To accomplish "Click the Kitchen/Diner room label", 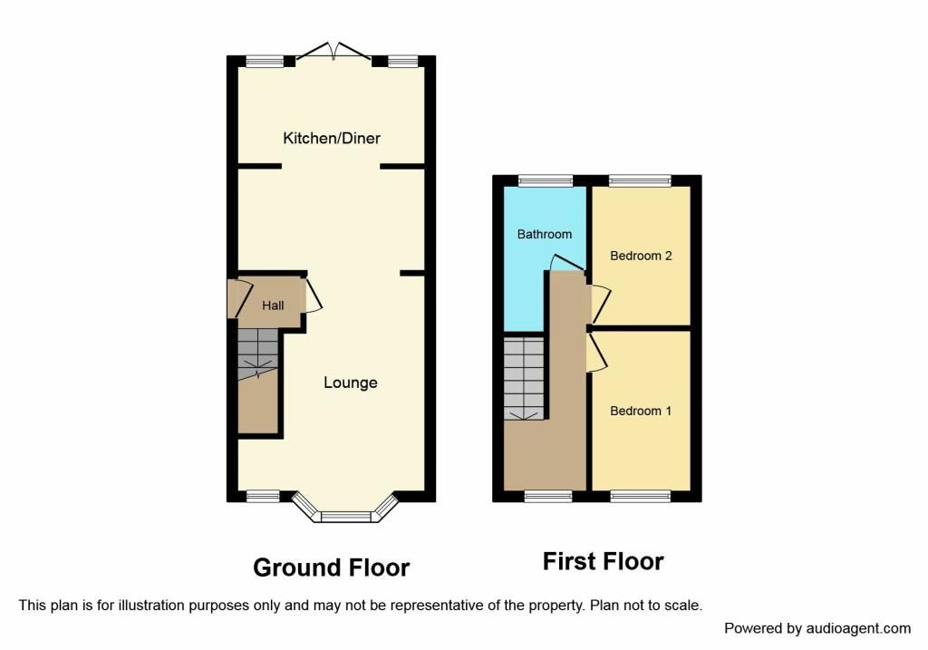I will tap(332, 139).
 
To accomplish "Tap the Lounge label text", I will tap(351, 383).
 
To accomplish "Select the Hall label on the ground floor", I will tap(273, 306).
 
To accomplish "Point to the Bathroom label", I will tap(545, 234).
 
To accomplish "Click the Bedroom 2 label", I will tap(641, 256).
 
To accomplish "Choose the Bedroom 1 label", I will tap(641, 411).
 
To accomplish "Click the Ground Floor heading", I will tap(331, 568).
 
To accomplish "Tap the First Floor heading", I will tap(603, 561).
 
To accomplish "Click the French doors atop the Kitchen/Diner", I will tap(333, 53).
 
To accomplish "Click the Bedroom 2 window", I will tap(640, 181).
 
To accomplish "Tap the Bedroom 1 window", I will tap(640, 496).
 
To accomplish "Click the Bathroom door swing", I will tap(565, 262).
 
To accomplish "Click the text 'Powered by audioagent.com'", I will tap(817, 628).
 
